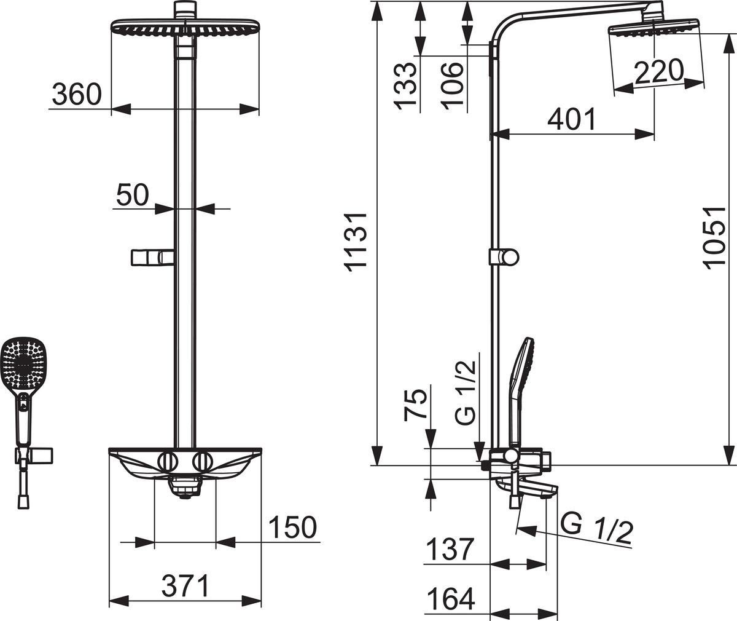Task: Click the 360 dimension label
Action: [77, 94]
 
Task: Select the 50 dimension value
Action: [133, 195]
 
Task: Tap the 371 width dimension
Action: [185, 585]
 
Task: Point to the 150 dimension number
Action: [292, 527]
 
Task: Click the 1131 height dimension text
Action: [356, 242]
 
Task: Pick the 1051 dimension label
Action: [714, 239]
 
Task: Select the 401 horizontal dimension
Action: [571, 119]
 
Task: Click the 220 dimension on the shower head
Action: [658, 72]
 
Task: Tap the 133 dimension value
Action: [405, 86]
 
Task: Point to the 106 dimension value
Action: [451, 86]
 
